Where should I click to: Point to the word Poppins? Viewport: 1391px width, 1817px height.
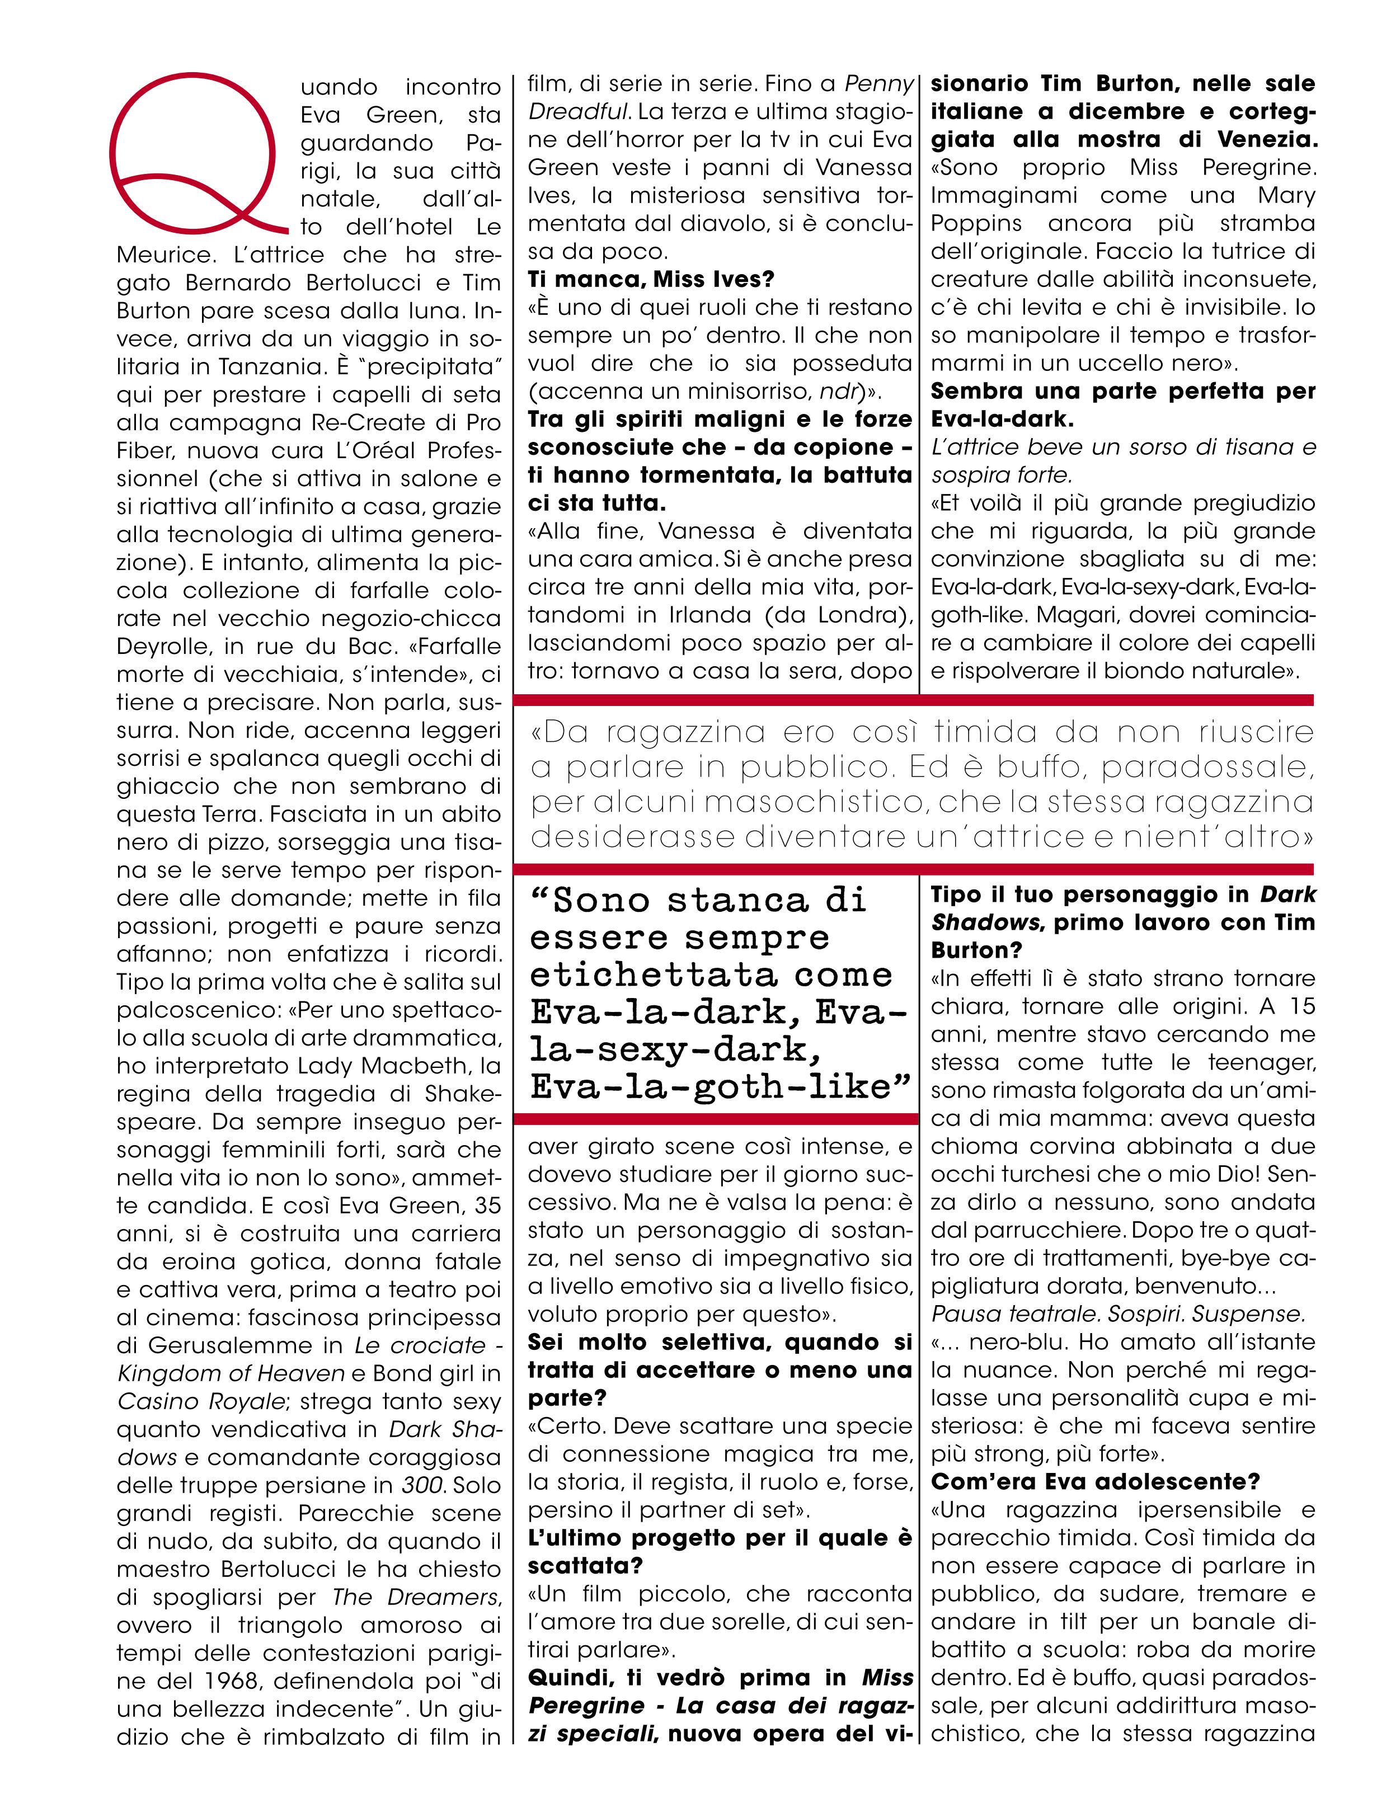tap(976, 224)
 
